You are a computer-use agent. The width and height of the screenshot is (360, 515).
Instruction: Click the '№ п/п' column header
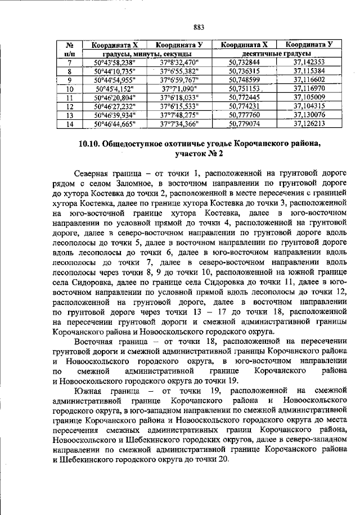pyautogui.click(x=70, y=49)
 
